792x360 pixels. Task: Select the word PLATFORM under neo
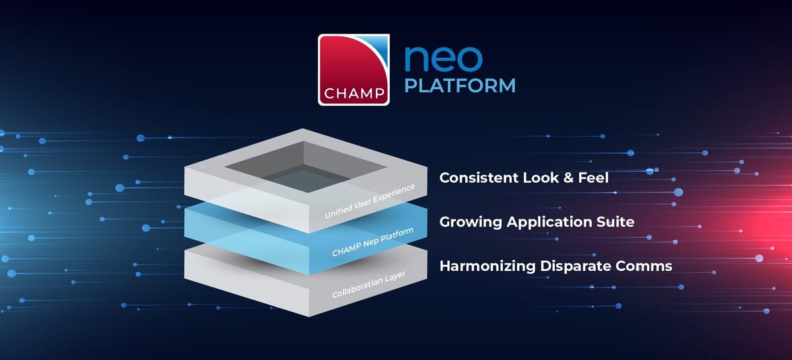(460, 87)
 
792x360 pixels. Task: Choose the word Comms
(649, 266)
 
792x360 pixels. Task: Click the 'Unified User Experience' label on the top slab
(369, 201)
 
